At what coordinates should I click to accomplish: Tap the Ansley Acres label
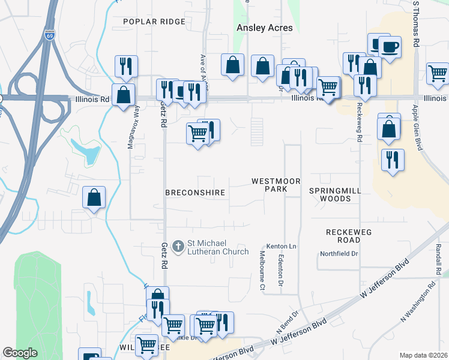click(x=265, y=28)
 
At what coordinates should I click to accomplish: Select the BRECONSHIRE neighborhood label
click(x=195, y=193)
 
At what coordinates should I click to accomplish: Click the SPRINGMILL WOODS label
click(x=330, y=194)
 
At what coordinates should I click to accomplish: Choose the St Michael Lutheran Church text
click(x=218, y=247)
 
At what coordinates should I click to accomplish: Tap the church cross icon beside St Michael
click(x=178, y=246)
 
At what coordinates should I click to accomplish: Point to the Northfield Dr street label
click(x=339, y=254)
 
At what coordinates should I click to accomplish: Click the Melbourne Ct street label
click(x=262, y=271)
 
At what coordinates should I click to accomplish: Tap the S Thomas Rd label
click(x=415, y=24)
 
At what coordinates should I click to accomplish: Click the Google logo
click(x=20, y=353)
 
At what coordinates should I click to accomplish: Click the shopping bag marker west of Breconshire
click(x=94, y=197)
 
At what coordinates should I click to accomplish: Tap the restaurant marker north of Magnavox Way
click(x=126, y=66)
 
